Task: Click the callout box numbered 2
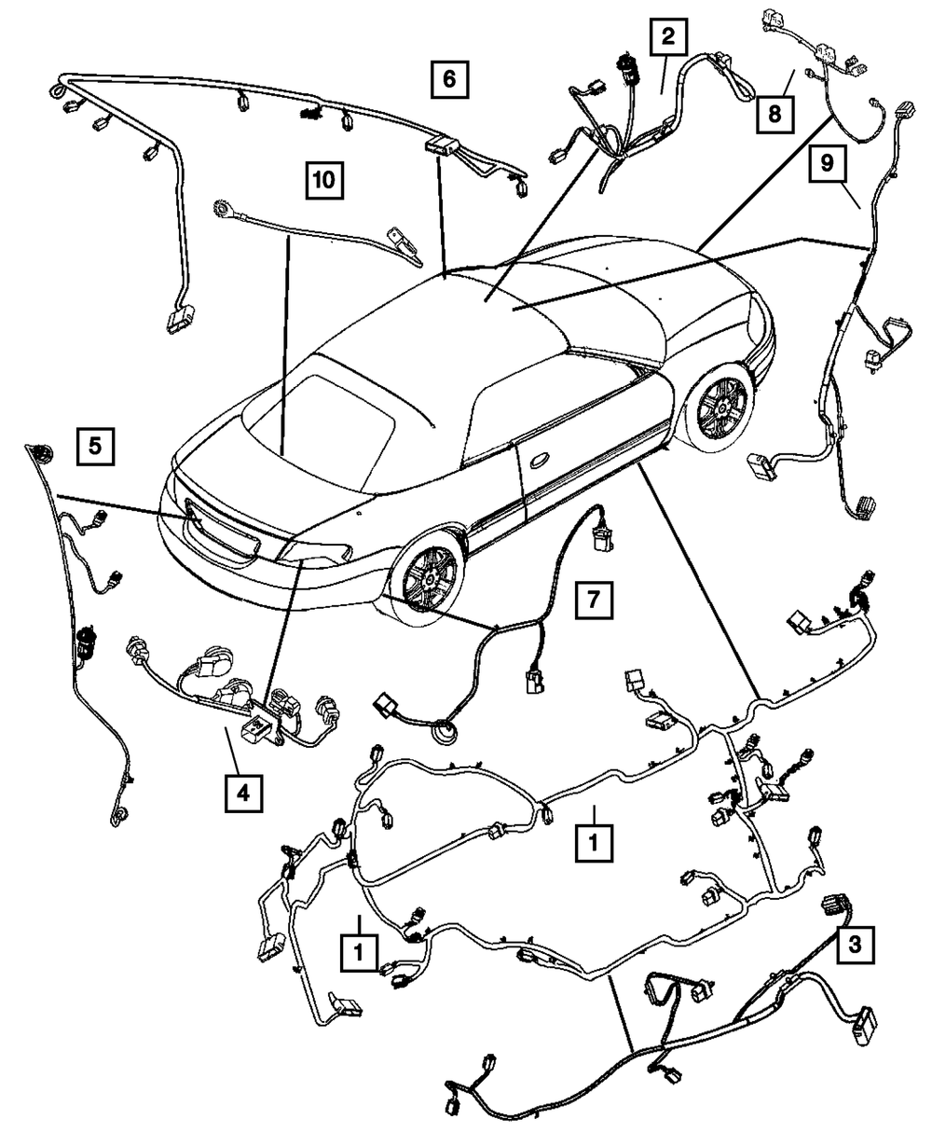[667, 38]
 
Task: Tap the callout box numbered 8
[775, 115]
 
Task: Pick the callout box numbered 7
[594, 601]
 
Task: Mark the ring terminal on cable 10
[225, 206]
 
